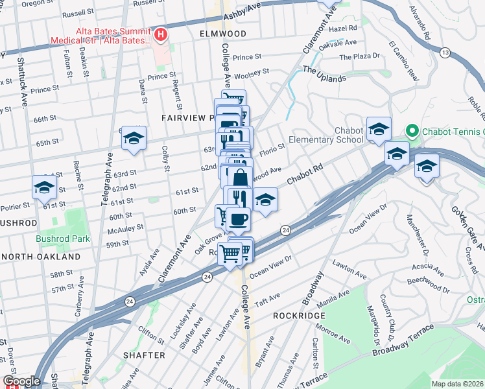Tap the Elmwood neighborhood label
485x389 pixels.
(223, 33)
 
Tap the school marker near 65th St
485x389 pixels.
(134, 139)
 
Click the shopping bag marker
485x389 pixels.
(239, 178)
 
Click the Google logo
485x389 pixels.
(21, 381)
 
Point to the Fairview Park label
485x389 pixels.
(188, 118)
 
